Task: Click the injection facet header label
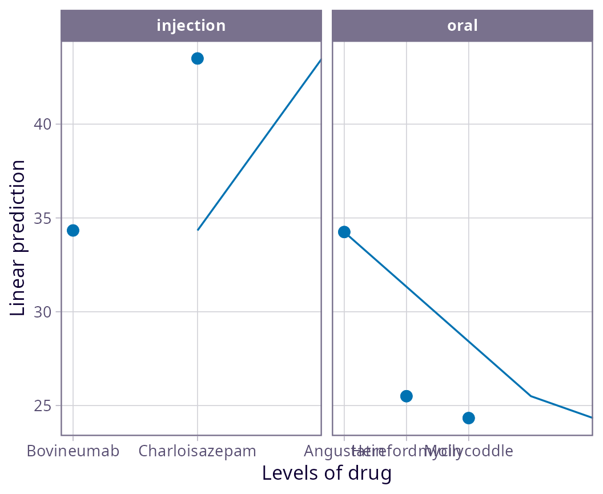point(191,26)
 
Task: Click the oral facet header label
point(462,26)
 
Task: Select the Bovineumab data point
point(73,230)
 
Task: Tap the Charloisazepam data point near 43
point(198,58)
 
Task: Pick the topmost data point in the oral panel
point(344,232)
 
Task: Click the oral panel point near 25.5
point(407,396)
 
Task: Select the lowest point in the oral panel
point(469,418)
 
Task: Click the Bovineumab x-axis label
point(73,451)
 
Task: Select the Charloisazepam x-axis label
point(198,451)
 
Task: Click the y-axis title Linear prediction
point(18,238)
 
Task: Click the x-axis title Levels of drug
point(327,473)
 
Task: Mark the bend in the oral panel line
point(531,396)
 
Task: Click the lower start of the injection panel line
point(198,230)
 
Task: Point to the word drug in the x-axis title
point(372,473)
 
